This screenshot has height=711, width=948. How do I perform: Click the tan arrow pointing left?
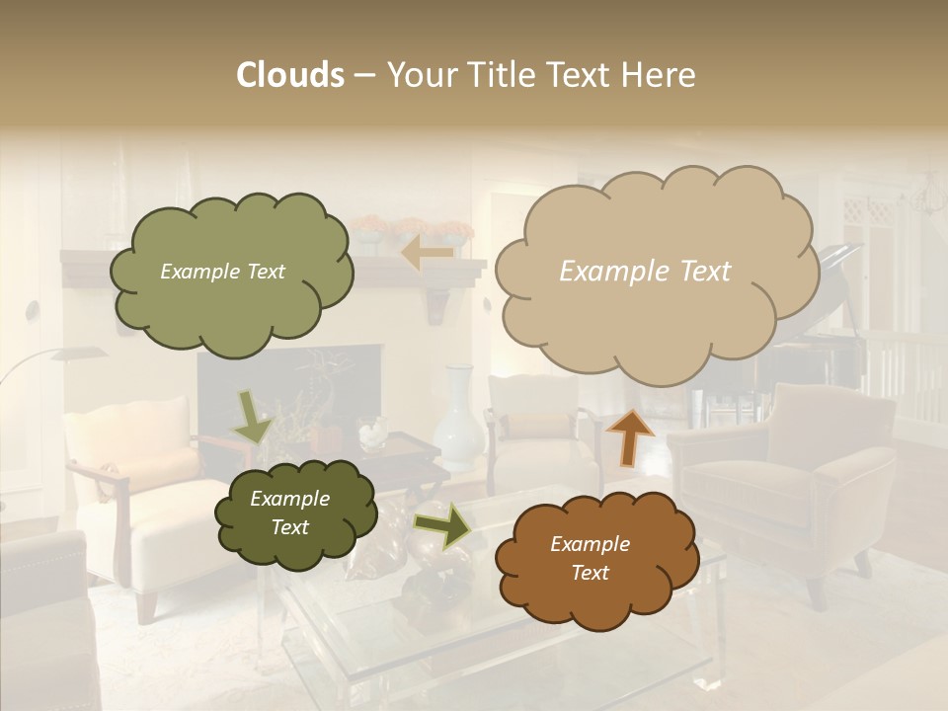click(427, 254)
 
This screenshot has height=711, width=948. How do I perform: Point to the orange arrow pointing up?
click(629, 435)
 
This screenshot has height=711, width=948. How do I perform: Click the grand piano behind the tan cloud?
click(829, 336)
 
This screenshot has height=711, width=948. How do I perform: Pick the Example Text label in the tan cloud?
click(645, 272)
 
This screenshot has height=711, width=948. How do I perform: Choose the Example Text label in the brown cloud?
click(590, 558)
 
